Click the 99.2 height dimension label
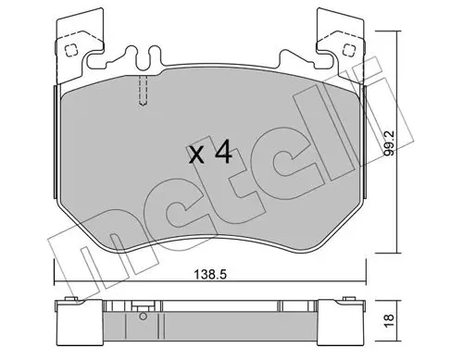[390, 143]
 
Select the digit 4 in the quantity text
[223, 152]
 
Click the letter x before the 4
[196, 155]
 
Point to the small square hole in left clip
[70, 49]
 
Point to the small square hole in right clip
[349, 49]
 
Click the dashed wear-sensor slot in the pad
[143, 91]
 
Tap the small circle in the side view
[143, 317]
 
